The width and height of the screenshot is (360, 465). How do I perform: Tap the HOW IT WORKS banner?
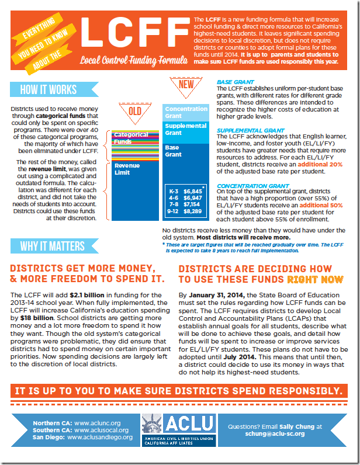click(48, 89)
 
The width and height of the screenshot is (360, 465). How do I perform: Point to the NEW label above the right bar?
click(186, 85)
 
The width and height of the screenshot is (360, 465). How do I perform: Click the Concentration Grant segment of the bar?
click(186, 112)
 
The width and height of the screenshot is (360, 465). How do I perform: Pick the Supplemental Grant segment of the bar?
click(186, 129)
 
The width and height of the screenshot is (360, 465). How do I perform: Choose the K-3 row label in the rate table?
click(172, 191)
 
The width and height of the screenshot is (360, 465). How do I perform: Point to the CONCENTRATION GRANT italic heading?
click(244, 186)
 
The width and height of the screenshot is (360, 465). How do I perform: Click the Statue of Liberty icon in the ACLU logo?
click(153, 429)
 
